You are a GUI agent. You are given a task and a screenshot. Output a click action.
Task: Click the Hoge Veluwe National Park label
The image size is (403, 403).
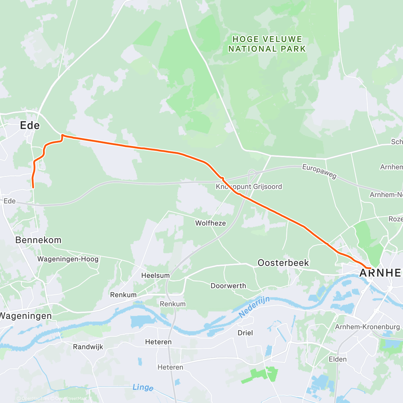tap(267, 44)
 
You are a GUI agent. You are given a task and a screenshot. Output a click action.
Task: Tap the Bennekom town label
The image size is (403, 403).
tap(38, 240)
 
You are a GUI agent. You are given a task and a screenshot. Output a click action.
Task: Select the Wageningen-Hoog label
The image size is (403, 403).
tap(68, 259)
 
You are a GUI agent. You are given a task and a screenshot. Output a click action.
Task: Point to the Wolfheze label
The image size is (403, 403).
tap(211, 223)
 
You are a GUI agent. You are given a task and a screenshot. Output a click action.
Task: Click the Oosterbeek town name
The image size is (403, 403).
tap(283, 263)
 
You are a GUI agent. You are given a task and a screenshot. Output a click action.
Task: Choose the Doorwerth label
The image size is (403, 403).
tap(228, 286)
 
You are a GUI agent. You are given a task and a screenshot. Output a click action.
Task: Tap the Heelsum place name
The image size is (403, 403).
tap(155, 275)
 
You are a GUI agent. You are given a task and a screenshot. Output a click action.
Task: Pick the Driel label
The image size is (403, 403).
tap(245, 333)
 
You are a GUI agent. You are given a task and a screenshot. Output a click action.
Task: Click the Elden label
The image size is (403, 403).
tap(338, 359)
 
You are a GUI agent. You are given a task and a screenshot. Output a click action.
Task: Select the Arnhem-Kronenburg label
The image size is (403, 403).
tap(367, 327)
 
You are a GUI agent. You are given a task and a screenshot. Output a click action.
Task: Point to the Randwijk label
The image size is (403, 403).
tap(88, 347)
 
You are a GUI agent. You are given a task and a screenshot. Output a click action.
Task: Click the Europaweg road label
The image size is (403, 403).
tap(319, 171)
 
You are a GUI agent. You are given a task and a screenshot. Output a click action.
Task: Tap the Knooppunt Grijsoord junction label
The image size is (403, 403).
tap(249, 187)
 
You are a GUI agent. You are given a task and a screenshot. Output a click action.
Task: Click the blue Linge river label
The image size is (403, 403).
tap(143, 387)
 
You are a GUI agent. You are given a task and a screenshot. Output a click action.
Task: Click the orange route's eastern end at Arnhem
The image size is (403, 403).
tap(370, 268)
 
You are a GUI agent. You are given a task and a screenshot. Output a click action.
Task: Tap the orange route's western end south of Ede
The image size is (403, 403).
tap(33, 187)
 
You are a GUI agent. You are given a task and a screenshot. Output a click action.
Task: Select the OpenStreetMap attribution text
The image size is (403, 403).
tap(70, 399)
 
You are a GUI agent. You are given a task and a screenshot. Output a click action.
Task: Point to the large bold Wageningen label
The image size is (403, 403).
tap(26, 316)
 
